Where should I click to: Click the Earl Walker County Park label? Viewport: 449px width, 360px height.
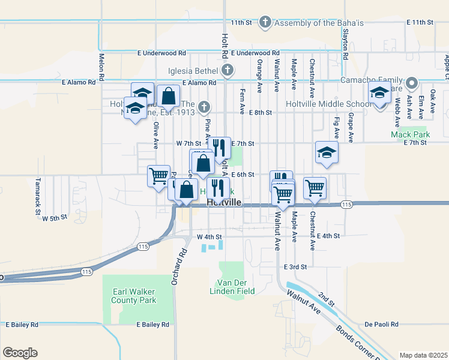click(134, 296)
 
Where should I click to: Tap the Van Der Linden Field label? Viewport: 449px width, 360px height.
click(236, 287)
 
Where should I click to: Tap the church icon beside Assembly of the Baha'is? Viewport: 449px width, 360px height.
click(265, 23)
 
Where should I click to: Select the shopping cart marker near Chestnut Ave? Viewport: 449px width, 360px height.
click(315, 188)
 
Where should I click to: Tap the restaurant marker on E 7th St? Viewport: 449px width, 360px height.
click(219, 146)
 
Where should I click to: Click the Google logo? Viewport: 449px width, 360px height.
click(20, 353)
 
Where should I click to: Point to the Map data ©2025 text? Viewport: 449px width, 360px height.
click(423, 355)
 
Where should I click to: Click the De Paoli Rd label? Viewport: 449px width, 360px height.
click(381, 325)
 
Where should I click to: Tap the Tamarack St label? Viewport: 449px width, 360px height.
click(37, 187)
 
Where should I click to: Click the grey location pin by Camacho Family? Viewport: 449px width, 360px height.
click(412, 83)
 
